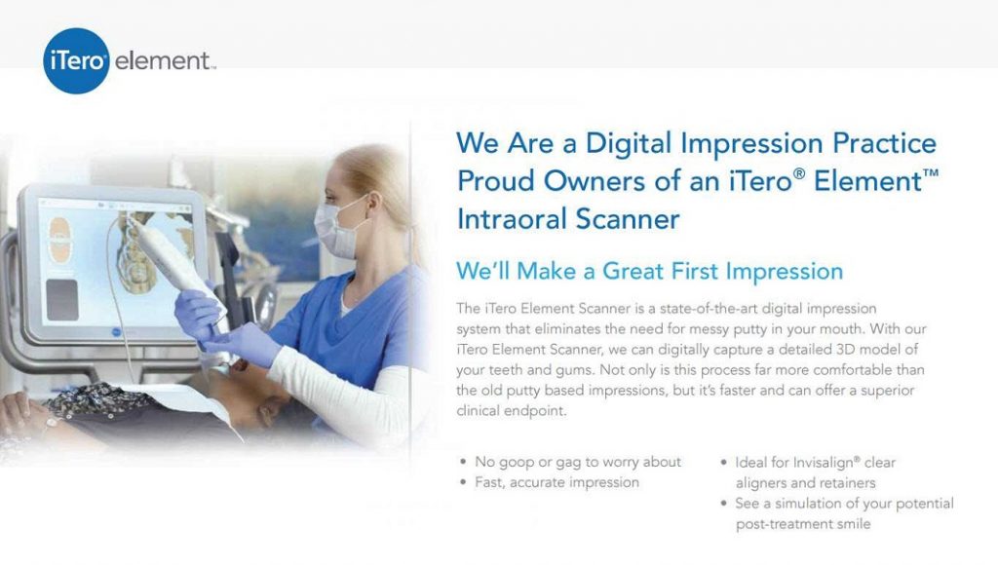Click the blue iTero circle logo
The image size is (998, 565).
coord(76,60)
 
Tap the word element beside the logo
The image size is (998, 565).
coord(163,62)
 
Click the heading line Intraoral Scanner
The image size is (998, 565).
coord(568,219)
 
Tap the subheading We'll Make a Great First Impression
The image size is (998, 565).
coord(650,270)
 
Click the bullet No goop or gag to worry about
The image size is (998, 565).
coord(578,462)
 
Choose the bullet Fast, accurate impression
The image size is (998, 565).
coord(557,482)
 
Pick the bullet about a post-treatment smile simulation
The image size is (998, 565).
coord(844,513)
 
